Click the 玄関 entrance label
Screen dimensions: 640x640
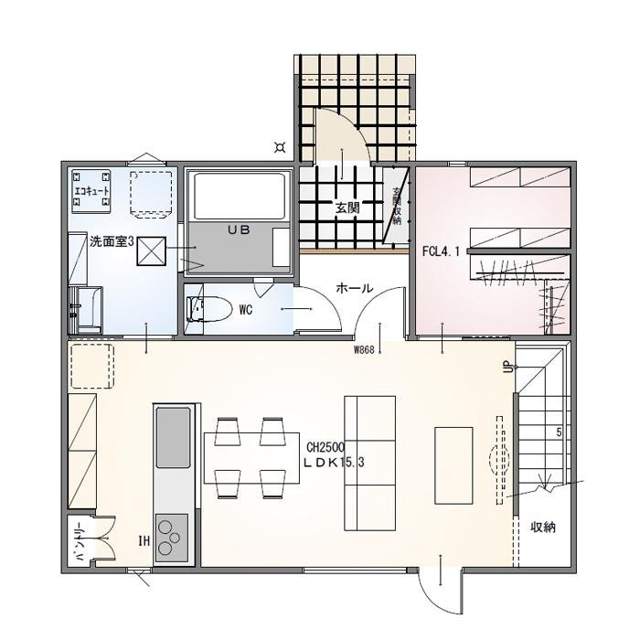[x=347, y=208]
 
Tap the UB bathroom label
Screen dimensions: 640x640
[x=240, y=231]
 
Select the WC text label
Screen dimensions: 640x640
[x=245, y=310]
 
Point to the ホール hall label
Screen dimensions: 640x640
[x=355, y=288]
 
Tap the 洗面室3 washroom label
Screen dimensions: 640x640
[x=112, y=242]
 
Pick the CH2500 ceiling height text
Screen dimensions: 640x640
[x=325, y=448]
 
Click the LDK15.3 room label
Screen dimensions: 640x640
[x=335, y=463]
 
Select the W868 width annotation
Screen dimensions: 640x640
[x=365, y=348]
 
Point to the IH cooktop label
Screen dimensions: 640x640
[x=144, y=541]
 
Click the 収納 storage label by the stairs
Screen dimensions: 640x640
[x=543, y=528]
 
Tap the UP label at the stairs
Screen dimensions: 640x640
[x=506, y=367]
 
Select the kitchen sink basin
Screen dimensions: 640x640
[x=173, y=435]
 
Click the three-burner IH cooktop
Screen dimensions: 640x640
[x=171, y=535]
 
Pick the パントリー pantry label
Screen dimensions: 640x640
[x=80, y=545]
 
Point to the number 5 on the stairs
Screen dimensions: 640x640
[x=558, y=432]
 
